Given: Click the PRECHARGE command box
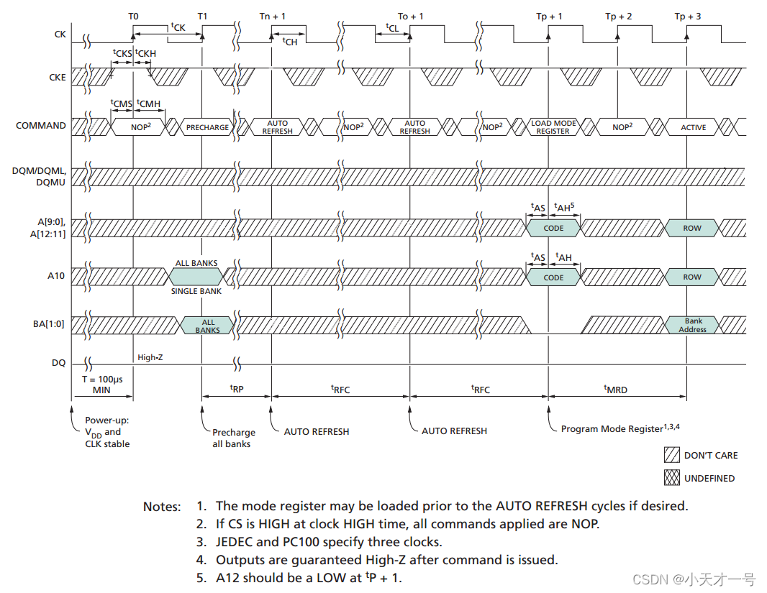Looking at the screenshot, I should pos(207,127).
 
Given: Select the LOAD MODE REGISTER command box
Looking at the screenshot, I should pos(553,127).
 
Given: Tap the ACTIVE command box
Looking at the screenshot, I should pos(693,127).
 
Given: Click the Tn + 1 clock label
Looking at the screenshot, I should pos(272,16).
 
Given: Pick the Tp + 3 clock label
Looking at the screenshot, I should pos(689,16).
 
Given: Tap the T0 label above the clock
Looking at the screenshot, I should pos(133,16).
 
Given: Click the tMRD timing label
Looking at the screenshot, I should pos(615,389).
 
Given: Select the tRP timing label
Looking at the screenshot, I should pos(236,389).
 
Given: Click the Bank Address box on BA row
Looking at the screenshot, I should pos(693,325).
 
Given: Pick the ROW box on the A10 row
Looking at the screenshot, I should pos(691,277).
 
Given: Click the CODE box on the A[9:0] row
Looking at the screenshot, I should pos(553,228).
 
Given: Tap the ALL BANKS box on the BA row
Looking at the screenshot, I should pos(207,326).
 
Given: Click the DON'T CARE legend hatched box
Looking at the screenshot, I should pos(671,455).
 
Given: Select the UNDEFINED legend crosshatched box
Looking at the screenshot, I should pos(671,477).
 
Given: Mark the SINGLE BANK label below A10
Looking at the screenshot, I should pos(196,291).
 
